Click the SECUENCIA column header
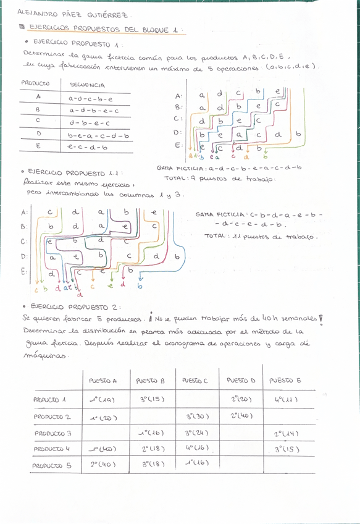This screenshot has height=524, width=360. [88, 85]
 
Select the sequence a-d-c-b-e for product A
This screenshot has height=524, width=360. [90, 98]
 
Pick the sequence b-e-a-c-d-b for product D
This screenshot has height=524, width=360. [98, 135]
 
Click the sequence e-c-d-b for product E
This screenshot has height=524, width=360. [88, 147]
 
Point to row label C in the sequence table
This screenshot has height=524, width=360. [38, 122]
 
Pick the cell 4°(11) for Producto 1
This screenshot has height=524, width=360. [285, 399]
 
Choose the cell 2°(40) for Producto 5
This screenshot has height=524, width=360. [104, 463]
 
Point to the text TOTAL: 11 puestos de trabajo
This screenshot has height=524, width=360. [261, 236]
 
